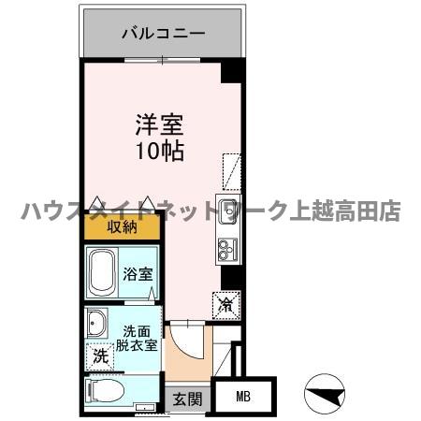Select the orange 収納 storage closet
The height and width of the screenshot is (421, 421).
coord(122,226)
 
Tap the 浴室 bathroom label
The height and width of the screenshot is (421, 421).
coord(138,274)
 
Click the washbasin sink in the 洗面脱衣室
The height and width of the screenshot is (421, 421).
coord(97,324)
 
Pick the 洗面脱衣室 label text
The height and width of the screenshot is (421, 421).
coord(138,338)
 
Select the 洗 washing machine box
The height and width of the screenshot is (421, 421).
coord(100,356)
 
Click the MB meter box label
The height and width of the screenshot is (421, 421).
coord(243,397)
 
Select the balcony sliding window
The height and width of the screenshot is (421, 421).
coord(164,61)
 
